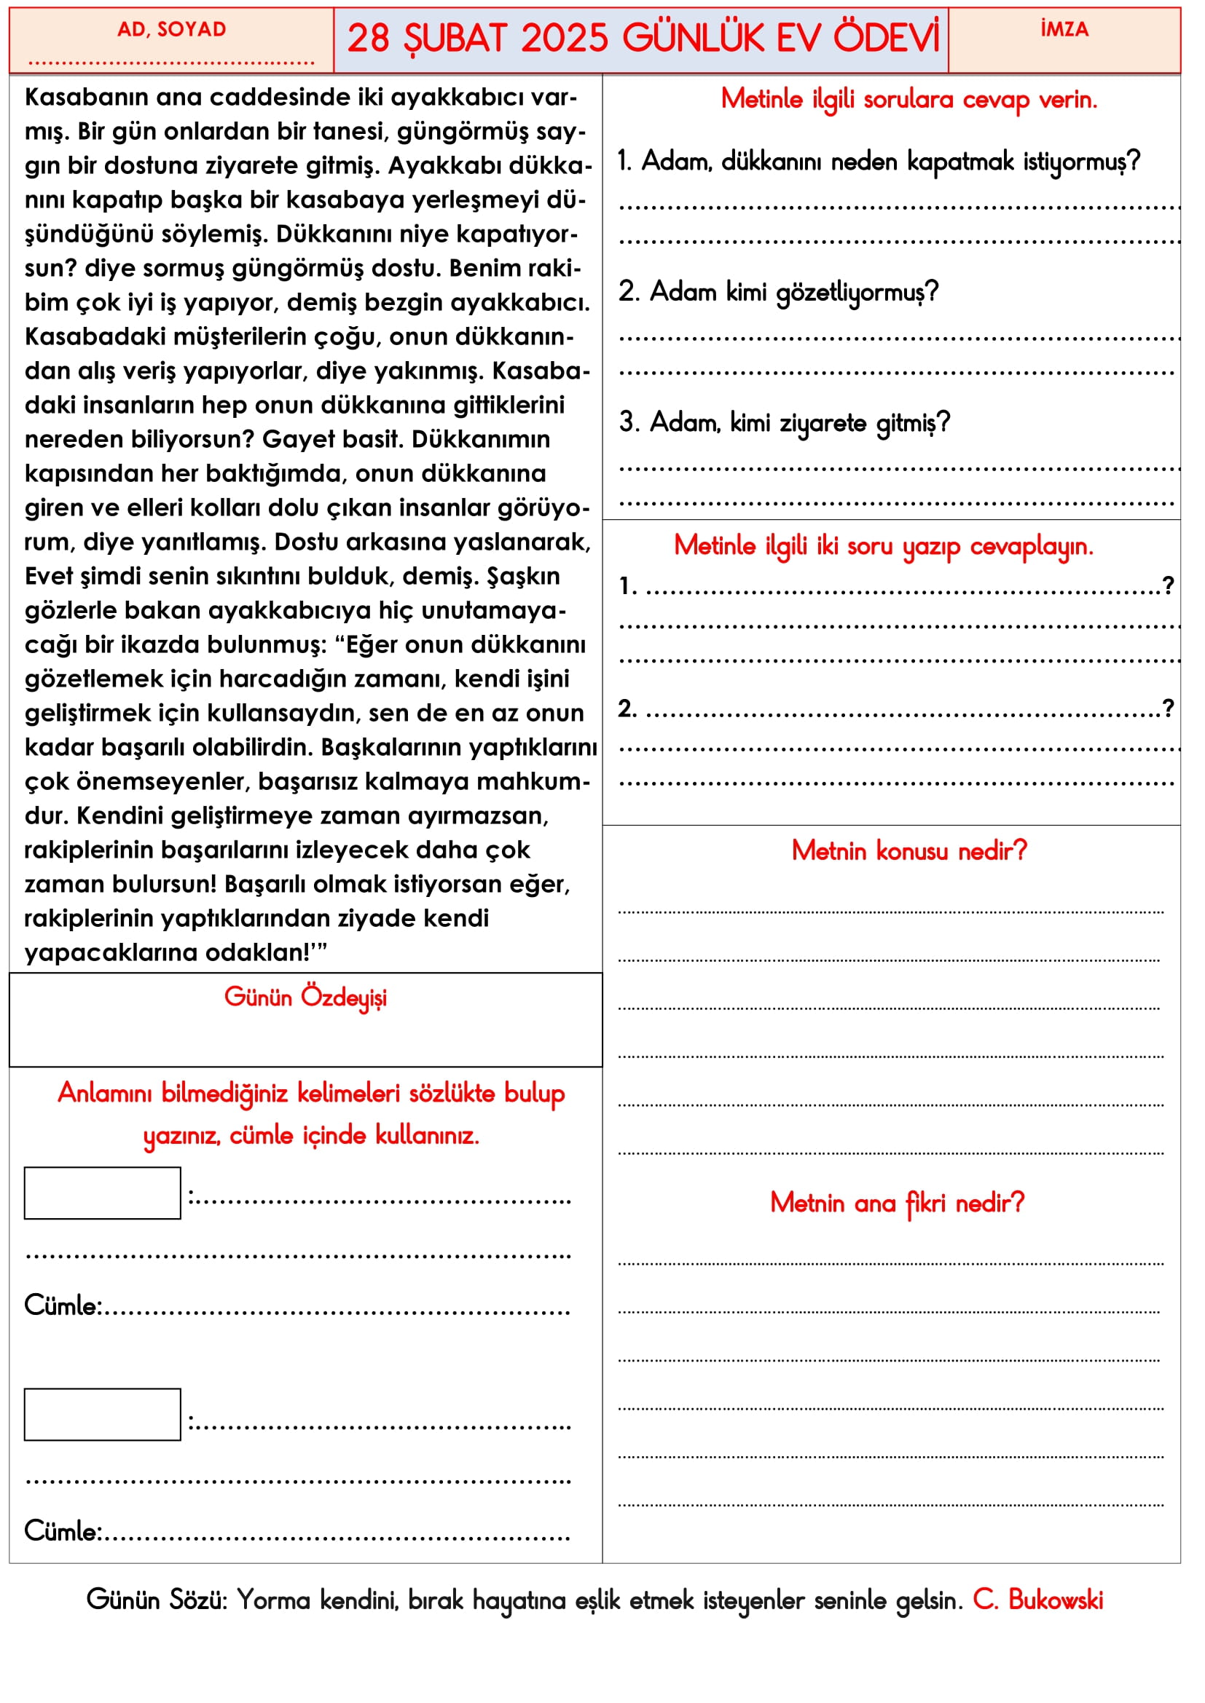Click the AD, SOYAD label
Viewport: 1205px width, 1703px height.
click(171, 30)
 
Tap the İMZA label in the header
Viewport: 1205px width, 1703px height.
click(1064, 30)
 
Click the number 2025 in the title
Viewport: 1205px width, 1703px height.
click(564, 39)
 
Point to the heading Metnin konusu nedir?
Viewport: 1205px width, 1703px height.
click(909, 850)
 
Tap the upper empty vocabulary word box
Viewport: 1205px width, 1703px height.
click(103, 1193)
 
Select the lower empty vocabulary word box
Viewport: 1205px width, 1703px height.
click(103, 1415)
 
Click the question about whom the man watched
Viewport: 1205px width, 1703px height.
click(778, 292)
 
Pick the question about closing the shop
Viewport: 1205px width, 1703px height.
click(879, 162)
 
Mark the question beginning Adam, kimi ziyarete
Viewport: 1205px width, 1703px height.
click(785, 423)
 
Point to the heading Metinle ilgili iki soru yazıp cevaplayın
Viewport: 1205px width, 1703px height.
click(884, 546)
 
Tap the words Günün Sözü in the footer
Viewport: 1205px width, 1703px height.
click(157, 1600)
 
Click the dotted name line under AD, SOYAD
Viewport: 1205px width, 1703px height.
click(171, 63)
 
